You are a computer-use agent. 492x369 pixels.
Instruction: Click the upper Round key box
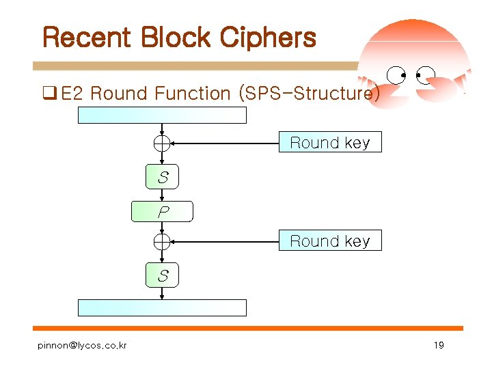tap(329, 143)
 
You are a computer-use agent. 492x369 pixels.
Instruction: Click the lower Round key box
tap(329, 241)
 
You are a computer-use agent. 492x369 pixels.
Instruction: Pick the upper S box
tap(163, 178)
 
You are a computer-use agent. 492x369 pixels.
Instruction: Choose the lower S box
tap(163, 276)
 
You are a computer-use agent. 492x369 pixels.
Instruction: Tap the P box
tap(163, 212)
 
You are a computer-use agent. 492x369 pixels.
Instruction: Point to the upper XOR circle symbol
tap(162, 143)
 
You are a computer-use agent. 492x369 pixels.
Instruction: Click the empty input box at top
tap(162, 115)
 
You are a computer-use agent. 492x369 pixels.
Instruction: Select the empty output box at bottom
tap(162, 307)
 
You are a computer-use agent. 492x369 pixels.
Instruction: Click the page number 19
tap(439, 345)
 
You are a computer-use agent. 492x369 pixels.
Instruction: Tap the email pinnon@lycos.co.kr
tap(82, 345)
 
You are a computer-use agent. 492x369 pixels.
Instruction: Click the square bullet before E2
tap(49, 94)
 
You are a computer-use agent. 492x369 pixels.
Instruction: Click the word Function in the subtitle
tap(193, 94)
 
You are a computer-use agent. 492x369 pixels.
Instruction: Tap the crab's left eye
tap(396, 74)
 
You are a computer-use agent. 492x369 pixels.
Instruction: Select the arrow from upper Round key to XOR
tap(225, 143)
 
